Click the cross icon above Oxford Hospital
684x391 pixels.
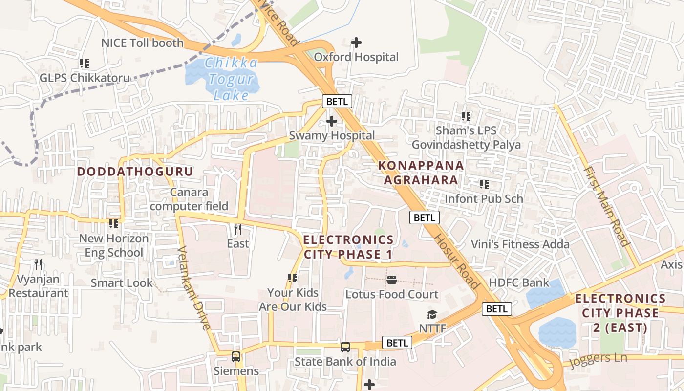point(356,43)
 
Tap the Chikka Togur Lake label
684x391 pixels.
point(231,79)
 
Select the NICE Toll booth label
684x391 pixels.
point(142,43)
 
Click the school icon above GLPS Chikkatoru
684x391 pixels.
point(85,64)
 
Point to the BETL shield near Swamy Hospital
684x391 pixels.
point(337,102)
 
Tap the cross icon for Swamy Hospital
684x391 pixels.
point(332,121)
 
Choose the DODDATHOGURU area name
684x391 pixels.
point(135,172)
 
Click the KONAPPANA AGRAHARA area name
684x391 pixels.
point(421,173)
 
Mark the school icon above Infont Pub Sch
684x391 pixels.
point(484,184)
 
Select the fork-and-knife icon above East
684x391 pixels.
point(238,229)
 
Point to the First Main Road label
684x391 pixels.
point(606,206)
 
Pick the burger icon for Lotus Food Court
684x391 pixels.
point(391,280)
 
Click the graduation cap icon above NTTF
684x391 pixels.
point(432,314)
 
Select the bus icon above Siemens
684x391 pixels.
point(236,357)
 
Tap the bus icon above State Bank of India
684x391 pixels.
point(345,347)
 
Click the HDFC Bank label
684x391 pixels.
point(519,283)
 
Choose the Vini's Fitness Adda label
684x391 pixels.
point(520,244)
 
